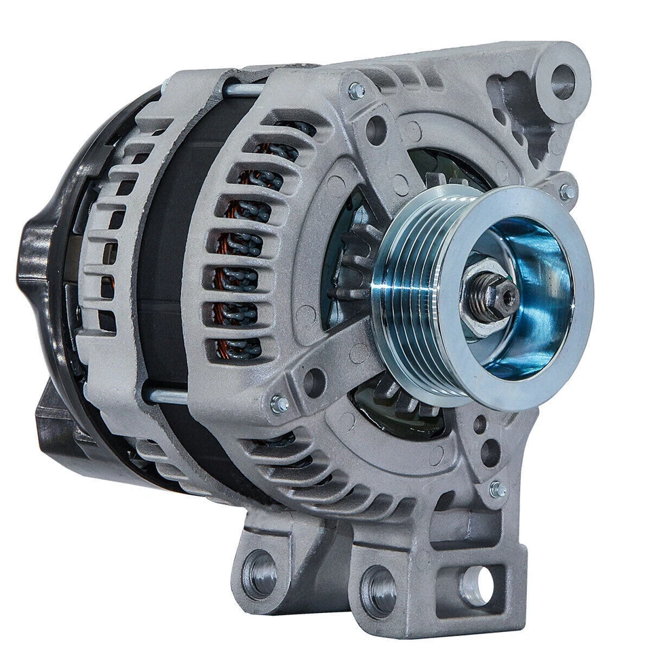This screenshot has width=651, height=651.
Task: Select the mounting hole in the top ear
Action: click(x=562, y=81)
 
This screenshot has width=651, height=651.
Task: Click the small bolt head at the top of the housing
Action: click(x=356, y=90)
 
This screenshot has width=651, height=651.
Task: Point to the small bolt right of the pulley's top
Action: click(x=567, y=192)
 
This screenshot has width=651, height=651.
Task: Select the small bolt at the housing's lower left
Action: click(x=279, y=404)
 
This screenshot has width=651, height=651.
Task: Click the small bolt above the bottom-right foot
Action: click(x=498, y=488)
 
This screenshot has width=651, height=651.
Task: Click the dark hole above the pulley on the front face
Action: click(x=376, y=130)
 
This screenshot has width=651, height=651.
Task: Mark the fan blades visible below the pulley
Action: click(x=400, y=400)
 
